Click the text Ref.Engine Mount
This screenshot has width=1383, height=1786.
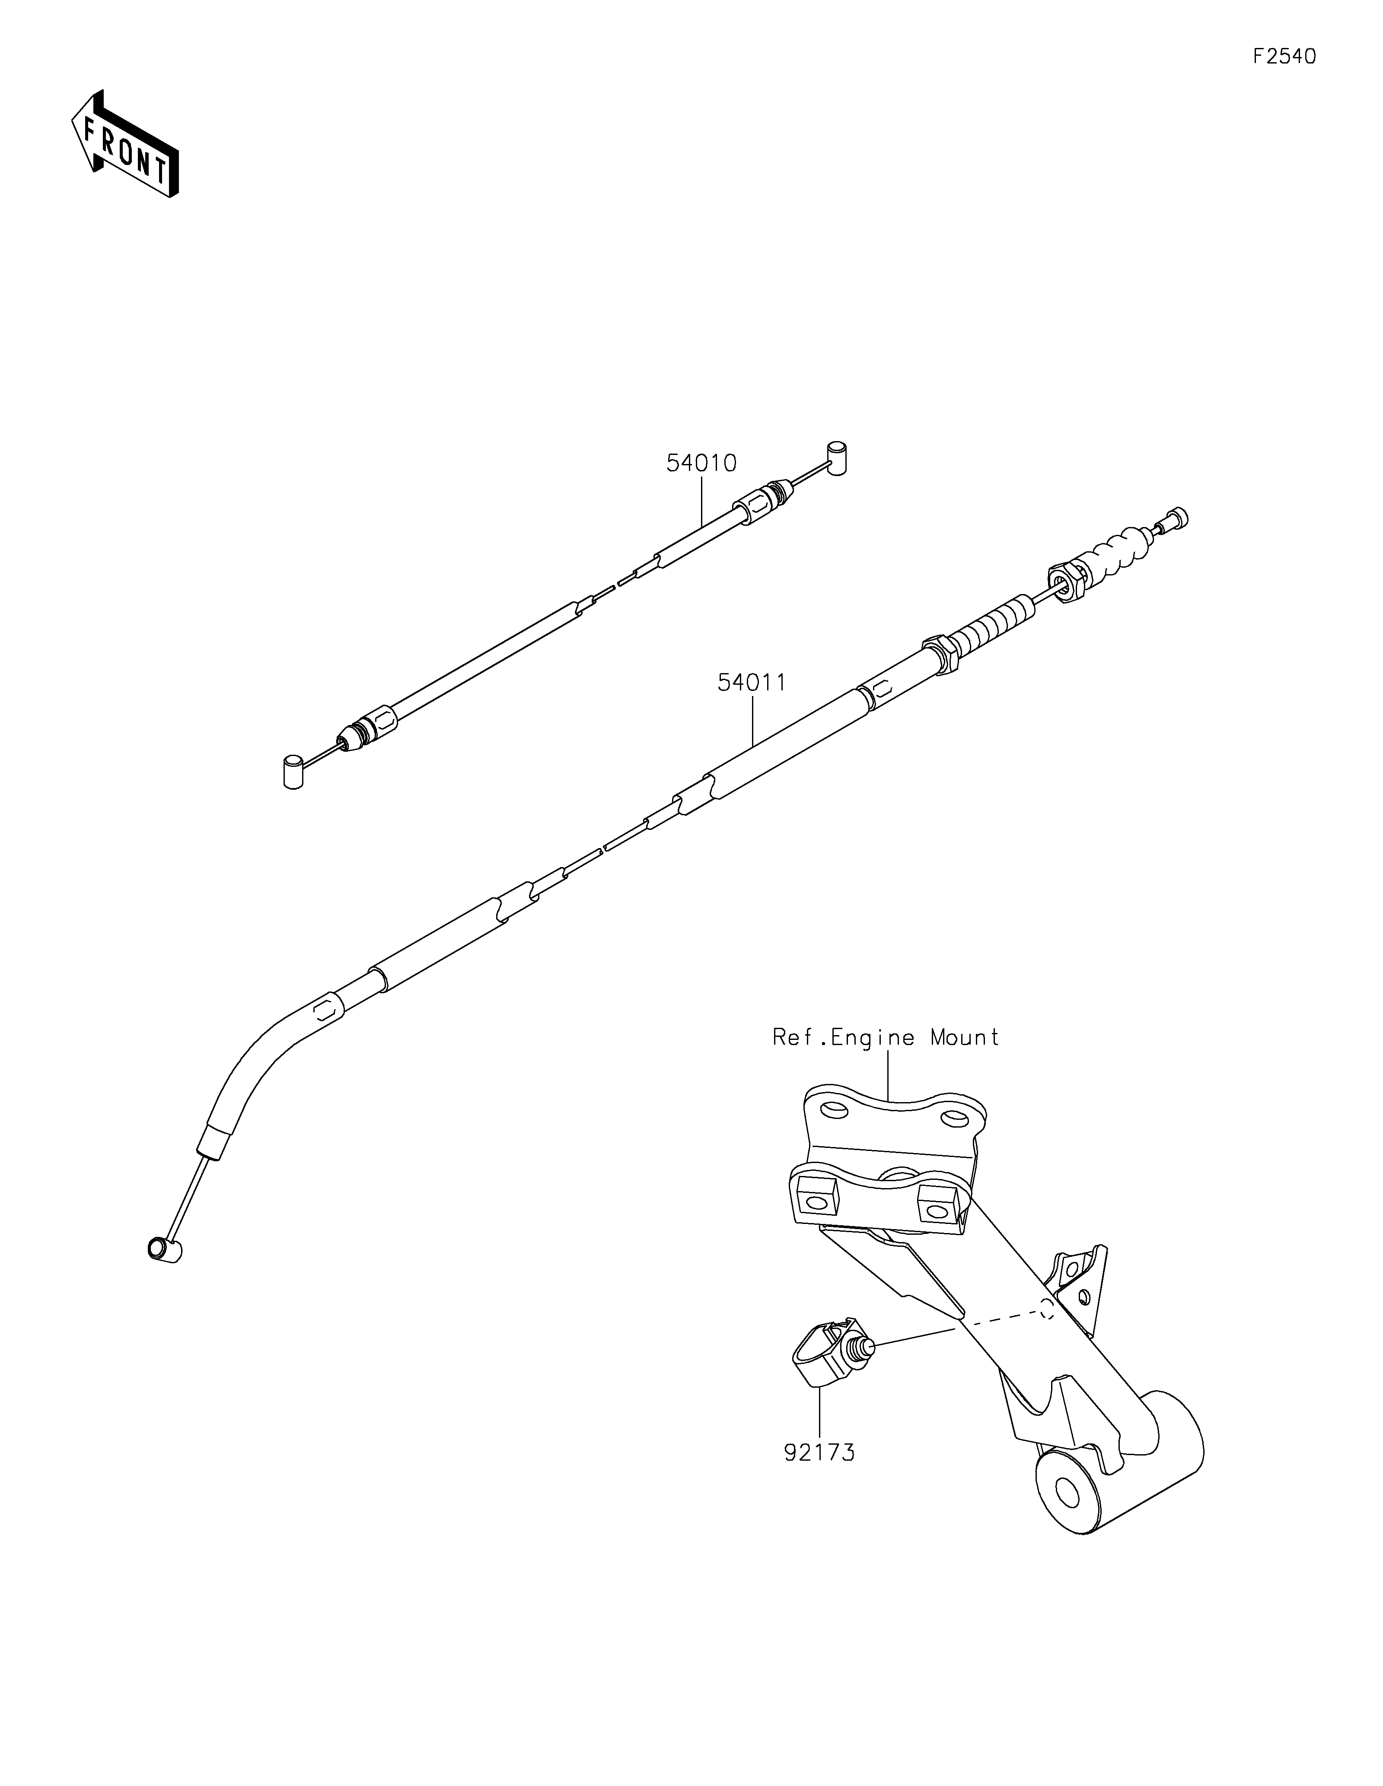[886, 1038]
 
